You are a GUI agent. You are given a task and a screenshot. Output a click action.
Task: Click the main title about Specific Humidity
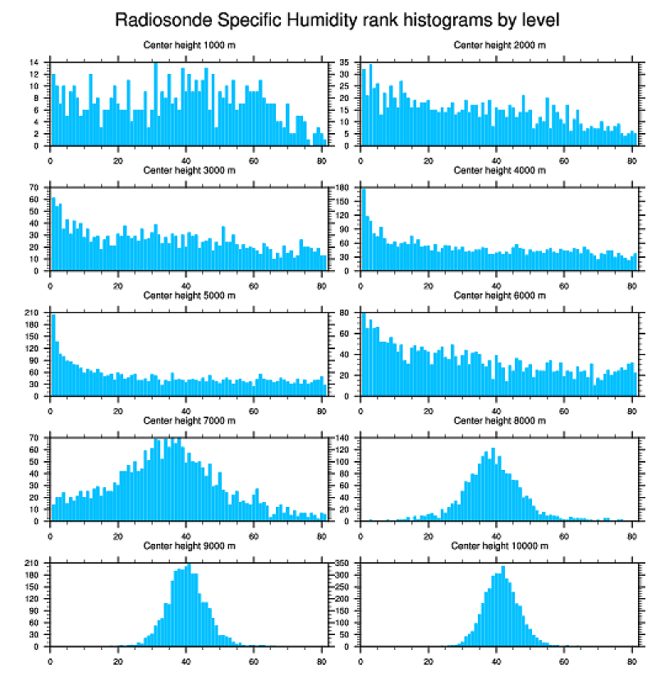tap(337, 20)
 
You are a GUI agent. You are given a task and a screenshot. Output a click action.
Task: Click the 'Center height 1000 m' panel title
tap(189, 45)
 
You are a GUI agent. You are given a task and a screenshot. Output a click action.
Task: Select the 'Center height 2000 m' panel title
tap(499, 45)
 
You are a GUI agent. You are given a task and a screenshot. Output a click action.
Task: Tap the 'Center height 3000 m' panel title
tap(189, 170)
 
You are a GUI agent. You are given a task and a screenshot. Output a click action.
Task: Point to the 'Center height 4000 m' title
tap(499, 170)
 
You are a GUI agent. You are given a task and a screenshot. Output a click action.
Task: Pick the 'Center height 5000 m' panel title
tap(189, 295)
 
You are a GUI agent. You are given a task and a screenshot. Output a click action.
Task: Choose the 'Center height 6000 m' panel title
tap(499, 295)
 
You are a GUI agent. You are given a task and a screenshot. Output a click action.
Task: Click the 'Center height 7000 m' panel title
tap(189, 421)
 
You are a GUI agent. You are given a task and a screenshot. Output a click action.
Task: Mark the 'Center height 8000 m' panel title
tap(499, 421)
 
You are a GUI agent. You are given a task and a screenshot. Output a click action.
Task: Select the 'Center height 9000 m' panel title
tap(189, 546)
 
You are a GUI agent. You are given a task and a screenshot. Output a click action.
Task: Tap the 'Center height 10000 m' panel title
tap(499, 546)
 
